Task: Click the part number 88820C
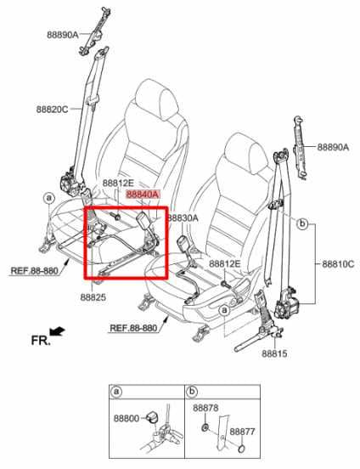point(54,109)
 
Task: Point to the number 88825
point(93,297)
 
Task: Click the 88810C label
point(338,265)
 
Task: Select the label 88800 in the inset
point(127,419)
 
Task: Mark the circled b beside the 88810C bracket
point(301,224)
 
